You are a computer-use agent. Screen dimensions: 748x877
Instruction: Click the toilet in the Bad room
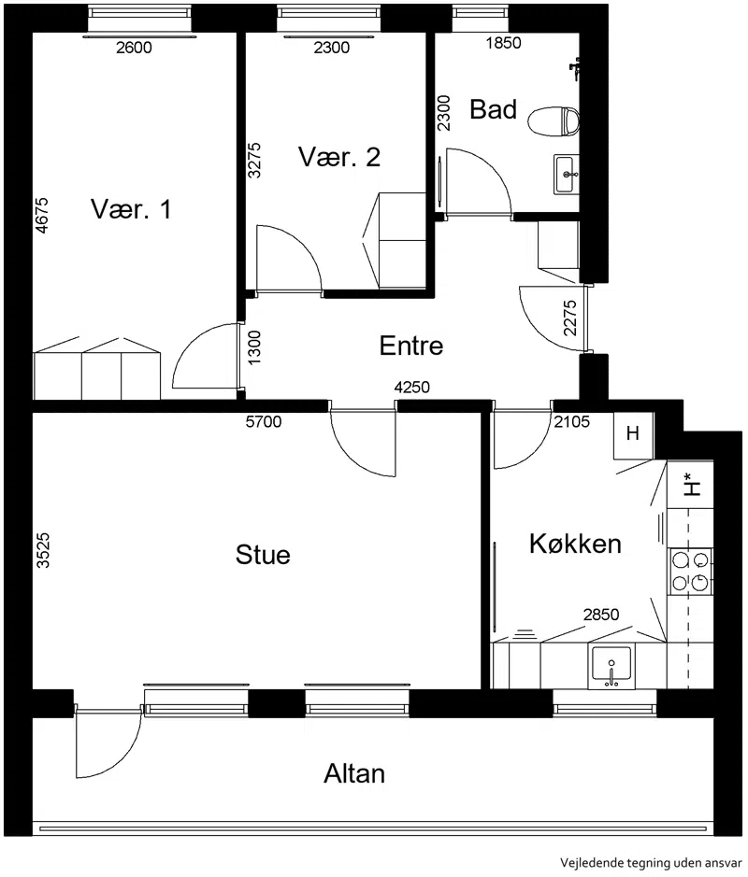554,121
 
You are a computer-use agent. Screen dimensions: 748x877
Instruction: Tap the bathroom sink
567,175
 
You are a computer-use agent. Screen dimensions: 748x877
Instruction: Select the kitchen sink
611,667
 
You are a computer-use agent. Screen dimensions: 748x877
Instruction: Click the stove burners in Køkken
690,571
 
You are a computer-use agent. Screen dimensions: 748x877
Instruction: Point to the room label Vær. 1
131,209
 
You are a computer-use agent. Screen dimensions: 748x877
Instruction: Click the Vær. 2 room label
339,157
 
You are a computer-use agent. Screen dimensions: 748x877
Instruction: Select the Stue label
263,555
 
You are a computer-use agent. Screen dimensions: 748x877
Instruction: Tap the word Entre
411,346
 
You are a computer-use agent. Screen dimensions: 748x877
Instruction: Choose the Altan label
354,774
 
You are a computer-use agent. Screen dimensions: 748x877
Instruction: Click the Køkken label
576,544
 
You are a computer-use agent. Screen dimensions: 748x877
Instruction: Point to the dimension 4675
41,216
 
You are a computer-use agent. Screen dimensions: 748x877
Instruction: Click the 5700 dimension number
264,421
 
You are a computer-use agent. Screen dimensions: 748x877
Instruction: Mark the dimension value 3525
43,550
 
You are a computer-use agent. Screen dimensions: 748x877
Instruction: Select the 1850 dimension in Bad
503,43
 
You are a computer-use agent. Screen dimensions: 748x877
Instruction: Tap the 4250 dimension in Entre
412,387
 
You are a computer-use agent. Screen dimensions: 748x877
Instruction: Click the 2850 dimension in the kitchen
601,615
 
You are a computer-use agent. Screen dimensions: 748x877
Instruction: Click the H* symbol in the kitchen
691,485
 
